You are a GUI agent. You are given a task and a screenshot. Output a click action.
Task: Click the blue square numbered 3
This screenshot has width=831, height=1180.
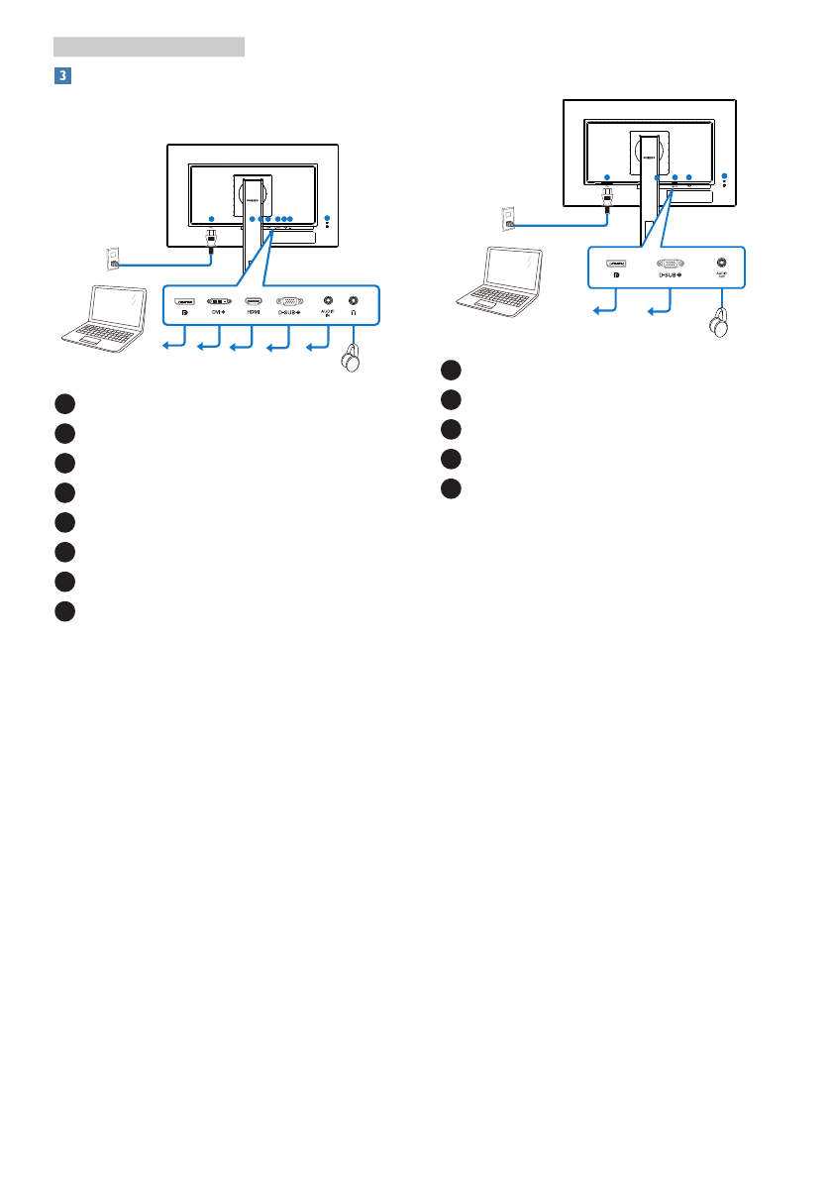point(60,74)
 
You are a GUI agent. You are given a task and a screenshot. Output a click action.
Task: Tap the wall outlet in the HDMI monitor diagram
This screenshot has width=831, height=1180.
point(111,259)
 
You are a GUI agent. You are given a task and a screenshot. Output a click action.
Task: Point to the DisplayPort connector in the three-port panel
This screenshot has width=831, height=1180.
point(615,264)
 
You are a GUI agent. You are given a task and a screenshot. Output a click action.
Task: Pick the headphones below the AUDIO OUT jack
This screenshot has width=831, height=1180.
point(719,324)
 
